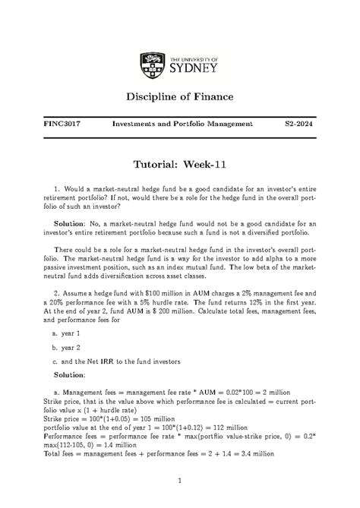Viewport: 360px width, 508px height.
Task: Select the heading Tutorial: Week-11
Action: click(x=179, y=166)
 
